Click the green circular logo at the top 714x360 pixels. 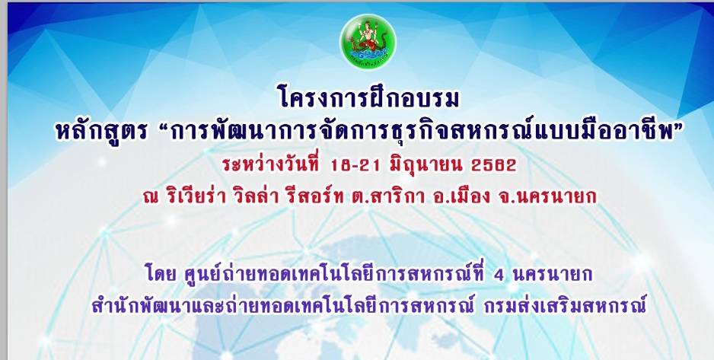[368, 41]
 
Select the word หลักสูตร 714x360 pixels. [101, 132]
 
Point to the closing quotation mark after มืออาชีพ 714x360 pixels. [668, 126]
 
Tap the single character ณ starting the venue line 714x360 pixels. [149, 198]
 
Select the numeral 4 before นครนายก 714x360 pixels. [499, 275]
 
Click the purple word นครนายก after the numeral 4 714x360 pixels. [553, 275]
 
